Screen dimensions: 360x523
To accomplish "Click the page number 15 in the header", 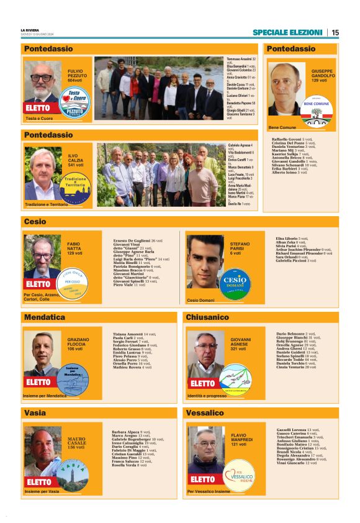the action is [x=335, y=32].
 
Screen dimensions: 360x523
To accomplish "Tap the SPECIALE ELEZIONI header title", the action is [x=288, y=32].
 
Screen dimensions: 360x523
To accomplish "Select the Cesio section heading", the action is [x=35, y=221].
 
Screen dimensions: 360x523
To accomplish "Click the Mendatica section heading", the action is [x=45, y=317].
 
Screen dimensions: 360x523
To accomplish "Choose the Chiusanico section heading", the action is [x=208, y=317].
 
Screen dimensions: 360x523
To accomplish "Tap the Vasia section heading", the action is [x=35, y=412].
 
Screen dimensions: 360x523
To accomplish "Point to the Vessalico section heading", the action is [x=205, y=412].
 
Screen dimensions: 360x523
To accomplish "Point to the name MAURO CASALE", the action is [x=76, y=442].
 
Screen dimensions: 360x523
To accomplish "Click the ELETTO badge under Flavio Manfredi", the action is [x=203, y=479].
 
